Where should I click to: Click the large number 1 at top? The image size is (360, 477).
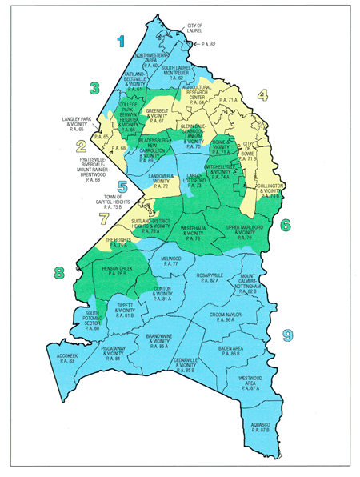pyautogui.click(x=122, y=40)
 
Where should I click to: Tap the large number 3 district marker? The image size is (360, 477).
pyautogui.click(x=94, y=88)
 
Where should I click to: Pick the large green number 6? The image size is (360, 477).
pyautogui.click(x=285, y=225)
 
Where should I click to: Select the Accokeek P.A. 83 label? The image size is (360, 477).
pyautogui.click(x=61, y=358)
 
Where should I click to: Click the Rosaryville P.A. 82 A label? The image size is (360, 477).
pyautogui.click(x=210, y=278)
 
